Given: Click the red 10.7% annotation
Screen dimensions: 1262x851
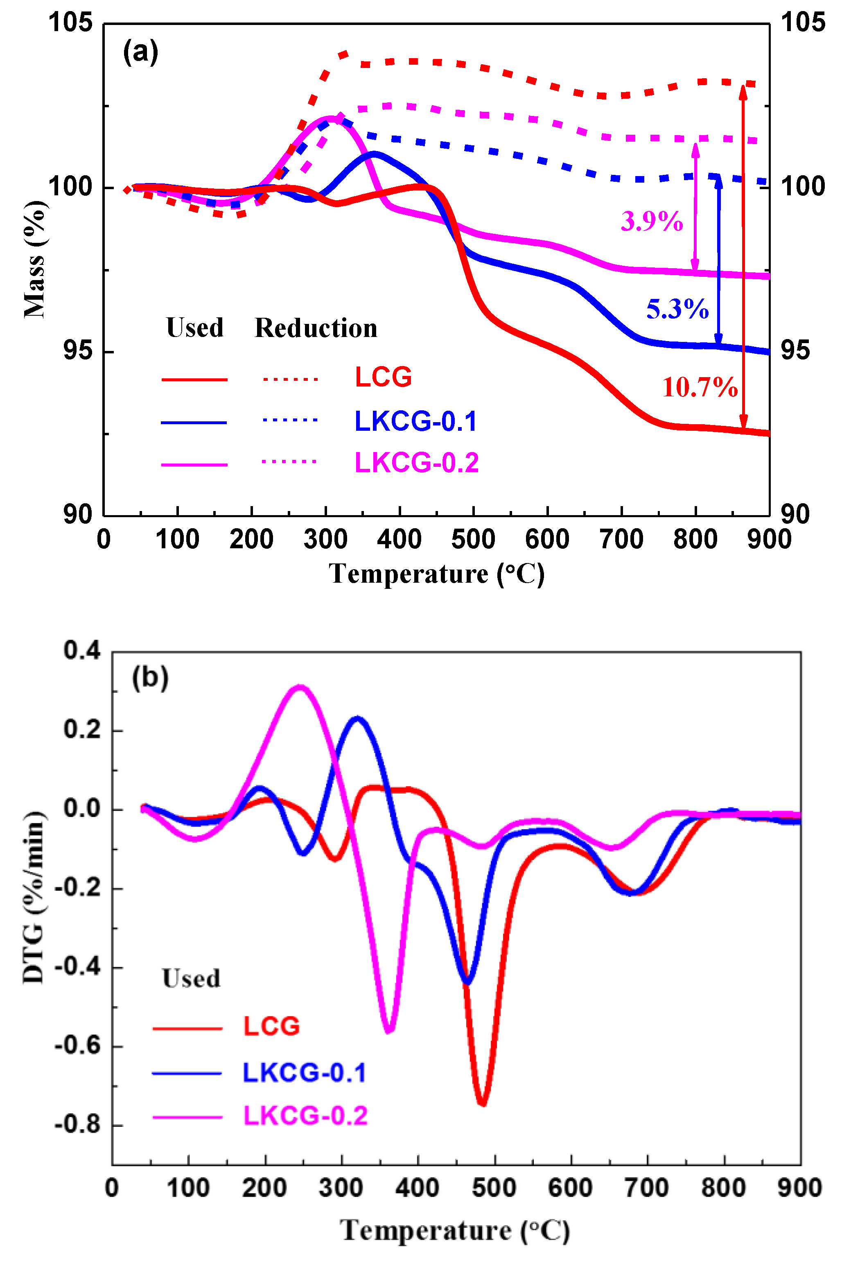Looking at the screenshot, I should click(x=700, y=387).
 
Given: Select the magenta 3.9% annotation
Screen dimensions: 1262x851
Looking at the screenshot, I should click(x=651, y=222).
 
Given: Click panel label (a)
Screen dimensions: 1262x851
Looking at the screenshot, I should click(x=140, y=52).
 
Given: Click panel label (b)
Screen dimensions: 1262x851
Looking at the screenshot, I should click(x=150, y=677).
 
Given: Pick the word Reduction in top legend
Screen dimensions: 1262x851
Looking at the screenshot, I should click(x=316, y=328).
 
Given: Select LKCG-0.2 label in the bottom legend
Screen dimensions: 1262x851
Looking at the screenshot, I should click(x=305, y=1116).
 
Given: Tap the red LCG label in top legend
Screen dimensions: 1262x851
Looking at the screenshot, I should click(x=383, y=377).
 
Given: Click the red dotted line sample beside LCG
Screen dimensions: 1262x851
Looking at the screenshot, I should click(x=290, y=379).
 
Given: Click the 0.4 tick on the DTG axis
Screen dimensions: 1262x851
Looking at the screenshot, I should click(x=82, y=650).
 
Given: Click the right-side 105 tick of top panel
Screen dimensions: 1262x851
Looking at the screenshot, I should click(x=802, y=23).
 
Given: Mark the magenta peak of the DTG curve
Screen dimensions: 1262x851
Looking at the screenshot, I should click(x=300, y=687).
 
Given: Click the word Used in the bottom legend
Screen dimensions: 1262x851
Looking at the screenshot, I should click(x=191, y=979).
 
